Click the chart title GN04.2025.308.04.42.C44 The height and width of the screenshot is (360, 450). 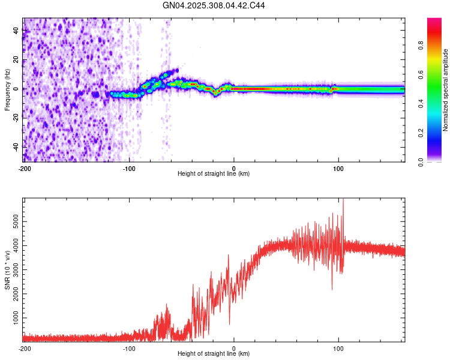[214, 5]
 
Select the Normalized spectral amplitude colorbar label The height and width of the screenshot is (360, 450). [446, 90]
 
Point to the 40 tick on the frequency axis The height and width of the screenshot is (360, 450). [16, 31]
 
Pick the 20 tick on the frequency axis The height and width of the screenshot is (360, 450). [16, 60]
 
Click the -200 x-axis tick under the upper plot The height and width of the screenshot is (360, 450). [25, 168]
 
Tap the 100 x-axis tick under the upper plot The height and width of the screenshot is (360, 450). [338, 168]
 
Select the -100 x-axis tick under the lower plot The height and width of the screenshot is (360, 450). [129, 348]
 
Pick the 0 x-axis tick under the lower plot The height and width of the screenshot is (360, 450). [234, 348]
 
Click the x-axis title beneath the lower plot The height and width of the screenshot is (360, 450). [214, 354]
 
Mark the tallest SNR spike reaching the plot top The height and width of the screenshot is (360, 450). [343, 202]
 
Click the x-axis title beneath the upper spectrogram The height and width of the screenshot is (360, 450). [214, 174]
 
